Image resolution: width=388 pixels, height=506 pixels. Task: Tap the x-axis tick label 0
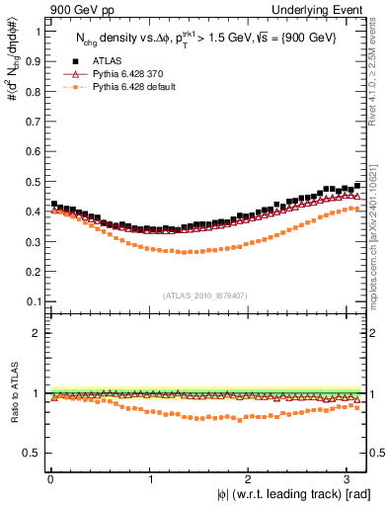tap(49, 479)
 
